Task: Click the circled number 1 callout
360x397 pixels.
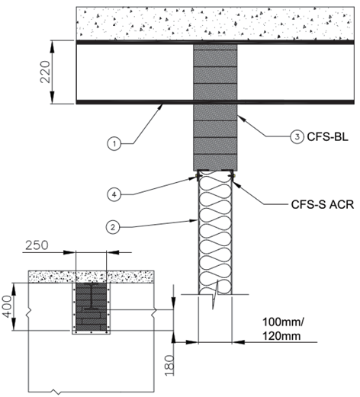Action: click(x=114, y=144)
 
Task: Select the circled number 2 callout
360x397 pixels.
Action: click(x=113, y=227)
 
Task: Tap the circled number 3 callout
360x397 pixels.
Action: click(x=297, y=137)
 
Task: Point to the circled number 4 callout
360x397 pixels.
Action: click(x=114, y=194)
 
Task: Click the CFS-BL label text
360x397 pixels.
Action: click(x=327, y=137)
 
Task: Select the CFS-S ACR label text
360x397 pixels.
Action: click(x=323, y=204)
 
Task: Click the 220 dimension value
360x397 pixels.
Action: click(x=46, y=72)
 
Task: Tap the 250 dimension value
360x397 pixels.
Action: click(x=37, y=245)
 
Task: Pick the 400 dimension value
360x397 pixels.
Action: click(x=8, y=306)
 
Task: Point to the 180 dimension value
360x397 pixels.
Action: click(x=170, y=365)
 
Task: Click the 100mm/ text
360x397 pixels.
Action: click(x=283, y=322)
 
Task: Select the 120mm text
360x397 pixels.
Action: click(x=281, y=336)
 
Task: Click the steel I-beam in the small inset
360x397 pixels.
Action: click(x=92, y=296)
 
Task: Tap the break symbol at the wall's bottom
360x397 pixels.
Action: click(x=215, y=295)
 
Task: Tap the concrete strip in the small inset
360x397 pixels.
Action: click(x=92, y=277)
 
